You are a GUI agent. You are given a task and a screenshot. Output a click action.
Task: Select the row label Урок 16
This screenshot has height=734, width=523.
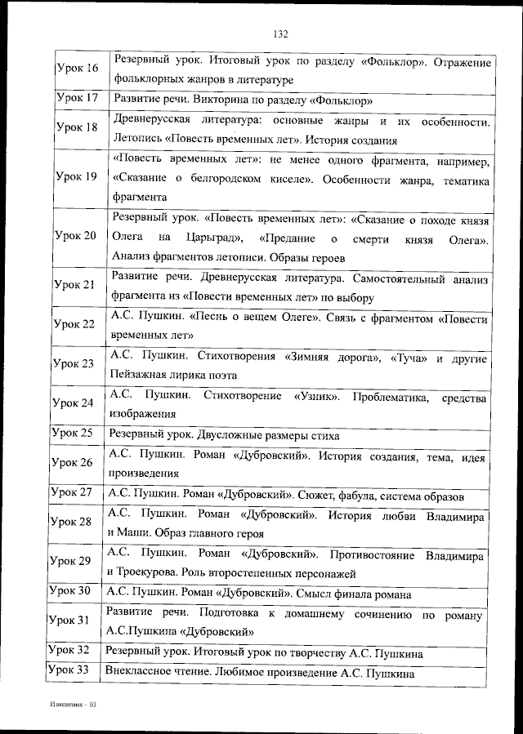coord(76,69)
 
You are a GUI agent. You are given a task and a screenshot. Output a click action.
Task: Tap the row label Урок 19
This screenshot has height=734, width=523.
coord(76,177)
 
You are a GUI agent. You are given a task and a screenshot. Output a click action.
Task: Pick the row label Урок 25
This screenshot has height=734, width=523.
coord(74,434)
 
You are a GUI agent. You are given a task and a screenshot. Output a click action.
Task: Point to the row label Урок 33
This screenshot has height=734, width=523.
coord(70,671)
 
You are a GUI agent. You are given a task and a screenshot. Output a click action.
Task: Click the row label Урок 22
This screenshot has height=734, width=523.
coord(74,324)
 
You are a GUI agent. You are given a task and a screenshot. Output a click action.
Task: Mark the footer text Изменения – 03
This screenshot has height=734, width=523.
coord(73,703)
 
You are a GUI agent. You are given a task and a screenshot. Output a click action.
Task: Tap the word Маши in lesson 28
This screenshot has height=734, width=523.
coord(135,533)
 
